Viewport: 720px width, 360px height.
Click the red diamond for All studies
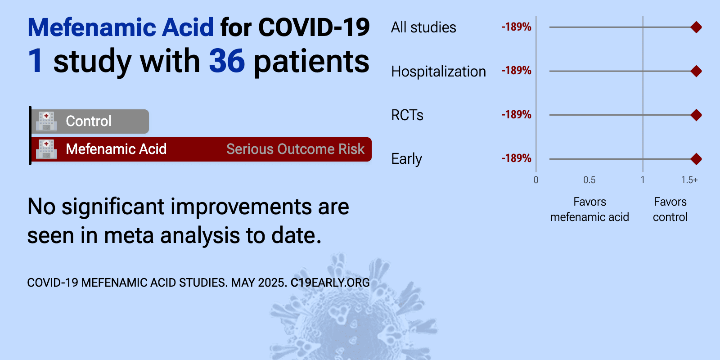coord(696,27)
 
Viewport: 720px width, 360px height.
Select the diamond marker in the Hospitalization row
coord(696,71)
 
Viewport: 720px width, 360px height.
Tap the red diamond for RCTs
coord(696,115)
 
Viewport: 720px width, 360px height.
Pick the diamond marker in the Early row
coord(696,159)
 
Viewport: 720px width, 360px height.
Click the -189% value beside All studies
coord(516,27)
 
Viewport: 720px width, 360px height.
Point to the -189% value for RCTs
coord(516,114)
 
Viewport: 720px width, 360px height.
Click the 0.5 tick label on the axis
coord(589,180)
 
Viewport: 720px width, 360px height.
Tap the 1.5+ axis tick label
coord(689,180)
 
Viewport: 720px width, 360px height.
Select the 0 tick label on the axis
coord(536,180)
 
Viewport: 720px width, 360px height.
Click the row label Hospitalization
coord(438,72)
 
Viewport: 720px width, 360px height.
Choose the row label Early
coord(406,159)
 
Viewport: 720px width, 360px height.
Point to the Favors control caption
coord(670,209)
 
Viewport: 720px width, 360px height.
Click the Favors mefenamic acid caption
coord(589,209)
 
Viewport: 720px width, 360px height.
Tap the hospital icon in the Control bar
coord(46,121)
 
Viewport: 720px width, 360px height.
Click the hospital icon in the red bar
coord(46,149)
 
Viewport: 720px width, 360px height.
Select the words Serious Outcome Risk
coord(295,149)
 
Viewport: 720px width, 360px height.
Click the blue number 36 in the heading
coord(227,61)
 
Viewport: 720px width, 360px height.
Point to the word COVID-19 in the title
coord(314,27)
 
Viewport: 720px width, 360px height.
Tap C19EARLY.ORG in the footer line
coord(330,283)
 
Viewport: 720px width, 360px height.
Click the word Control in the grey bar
coord(88,121)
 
